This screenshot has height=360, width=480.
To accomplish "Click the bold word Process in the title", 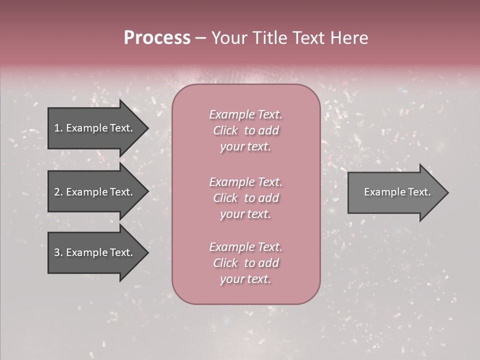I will [157, 38].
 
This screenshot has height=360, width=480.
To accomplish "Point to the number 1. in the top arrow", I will [58, 128].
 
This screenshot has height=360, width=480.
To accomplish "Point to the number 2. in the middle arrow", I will [58, 192].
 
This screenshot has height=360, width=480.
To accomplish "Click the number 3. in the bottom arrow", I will [58, 252].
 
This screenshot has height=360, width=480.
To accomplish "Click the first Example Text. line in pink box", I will [245, 114].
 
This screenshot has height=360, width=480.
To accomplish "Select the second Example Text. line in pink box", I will [245, 182].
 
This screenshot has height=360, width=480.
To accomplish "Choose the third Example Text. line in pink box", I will [245, 247].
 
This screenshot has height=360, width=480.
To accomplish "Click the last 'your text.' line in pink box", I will [245, 279].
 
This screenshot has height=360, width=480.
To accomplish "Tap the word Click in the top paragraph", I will [225, 130].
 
